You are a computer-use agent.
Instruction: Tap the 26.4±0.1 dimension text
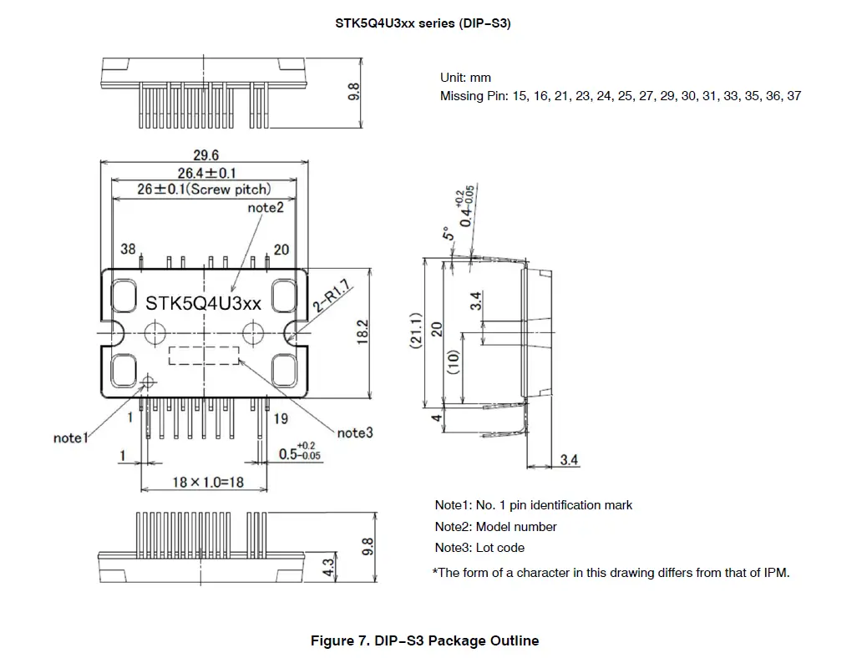coord(205,173)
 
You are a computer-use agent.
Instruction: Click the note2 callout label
coord(266,206)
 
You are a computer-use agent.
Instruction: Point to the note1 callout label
coord(69,438)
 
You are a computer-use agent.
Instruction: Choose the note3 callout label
coord(355,433)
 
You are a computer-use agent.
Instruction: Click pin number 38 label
coord(128,250)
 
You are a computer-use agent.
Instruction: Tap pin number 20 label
coord(281,250)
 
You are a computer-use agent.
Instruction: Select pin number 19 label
coord(281,418)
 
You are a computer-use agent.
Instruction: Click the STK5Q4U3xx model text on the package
coord(203,303)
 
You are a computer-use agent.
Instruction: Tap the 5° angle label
coord(447,235)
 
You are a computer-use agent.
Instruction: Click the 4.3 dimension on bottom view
coord(327,568)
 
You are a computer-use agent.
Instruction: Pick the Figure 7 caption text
coord(424,641)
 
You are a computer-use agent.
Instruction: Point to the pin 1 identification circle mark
coord(149,382)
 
